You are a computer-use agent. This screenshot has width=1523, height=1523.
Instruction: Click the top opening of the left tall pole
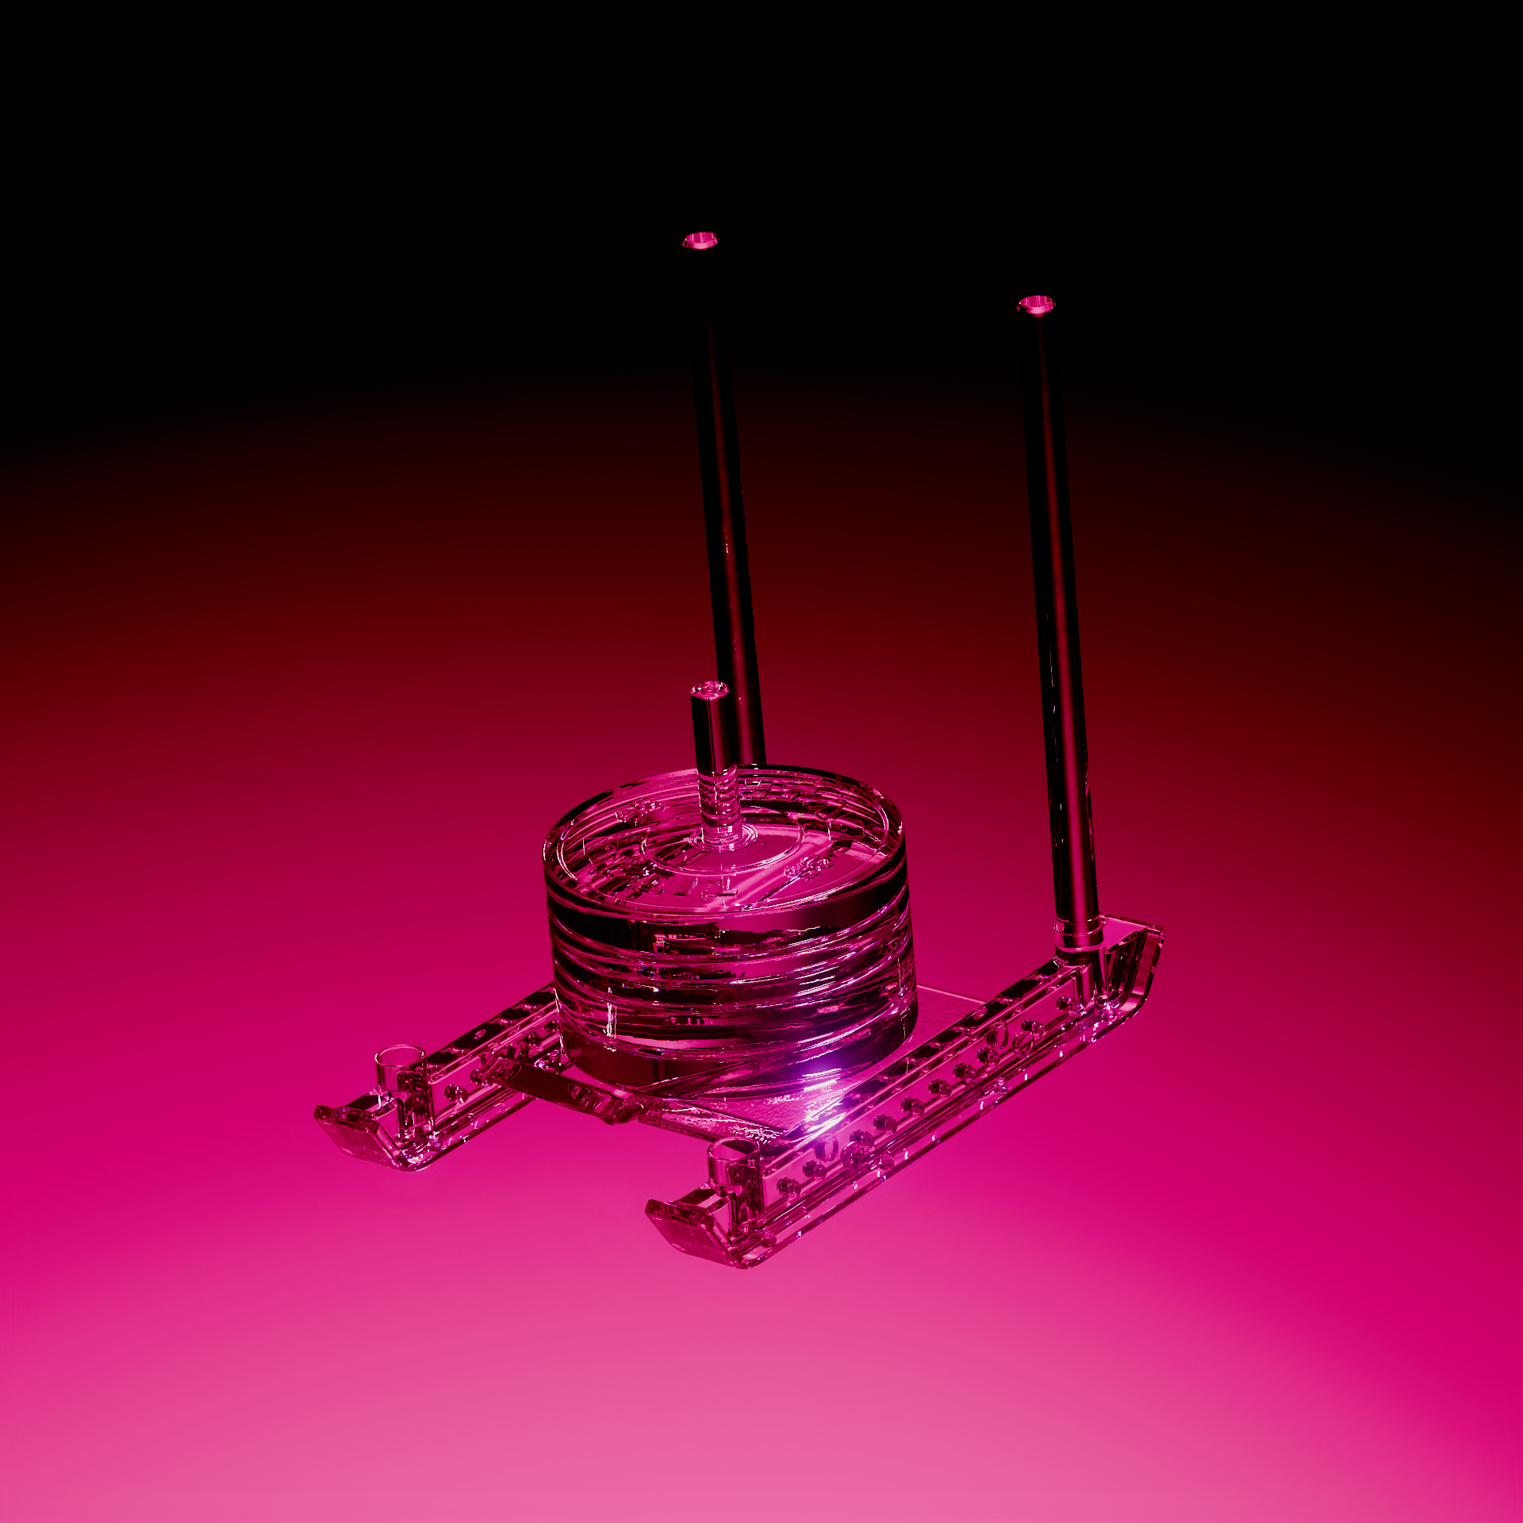[x=700, y=240]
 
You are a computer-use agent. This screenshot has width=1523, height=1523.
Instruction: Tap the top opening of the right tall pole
[x=1036, y=304]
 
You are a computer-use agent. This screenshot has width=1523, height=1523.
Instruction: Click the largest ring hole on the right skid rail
[x=998, y=1035]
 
